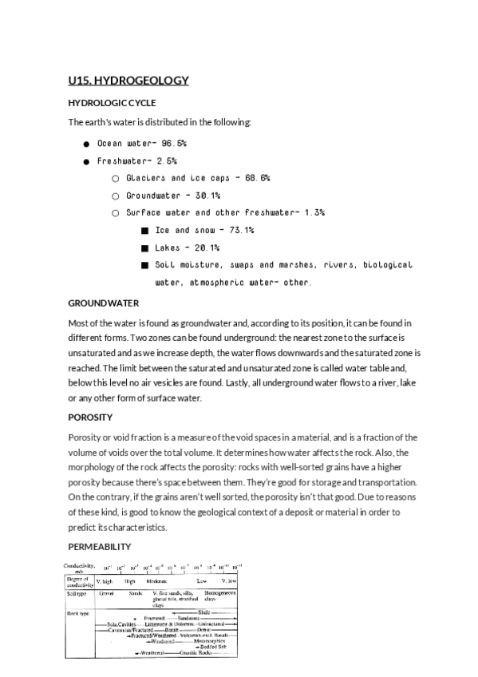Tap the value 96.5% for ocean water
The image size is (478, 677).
[x=173, y=143]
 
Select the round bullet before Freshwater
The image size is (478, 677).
[x=85, y=160]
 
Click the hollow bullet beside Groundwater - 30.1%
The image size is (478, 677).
[x=116, y=196]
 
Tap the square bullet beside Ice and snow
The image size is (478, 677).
[x=144, y=231]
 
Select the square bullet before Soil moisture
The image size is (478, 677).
[x=144, y=265]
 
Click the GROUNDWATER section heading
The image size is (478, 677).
[x=104, y=303]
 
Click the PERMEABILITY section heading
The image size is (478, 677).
[x=99, y=546]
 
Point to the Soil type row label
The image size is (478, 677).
[x=77, y=593]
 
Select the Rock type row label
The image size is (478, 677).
[x=77, y=612]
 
